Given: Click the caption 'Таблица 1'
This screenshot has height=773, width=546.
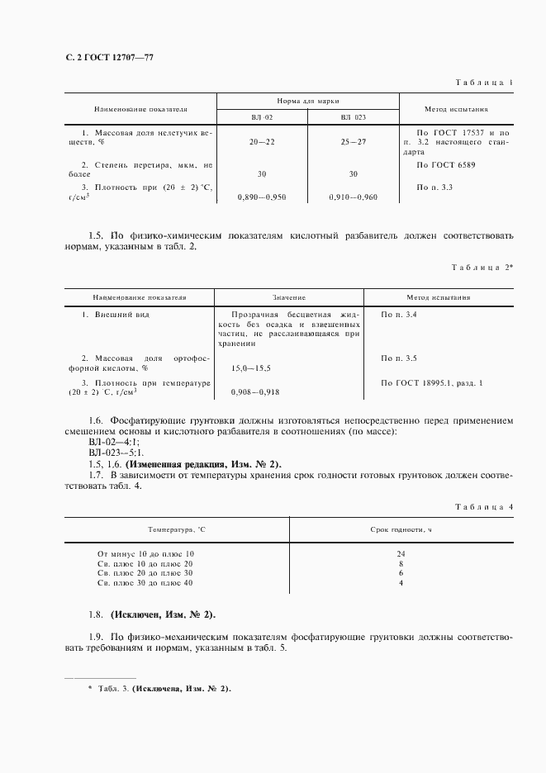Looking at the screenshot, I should click(484, 83).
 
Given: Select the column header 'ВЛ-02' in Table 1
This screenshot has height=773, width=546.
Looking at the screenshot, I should click(262, 117).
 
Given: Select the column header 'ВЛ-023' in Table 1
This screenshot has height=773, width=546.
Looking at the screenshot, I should click(353, 117).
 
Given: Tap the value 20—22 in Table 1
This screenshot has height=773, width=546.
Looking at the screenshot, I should click(261, 142).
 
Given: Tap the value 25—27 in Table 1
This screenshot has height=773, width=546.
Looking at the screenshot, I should click(353, 142).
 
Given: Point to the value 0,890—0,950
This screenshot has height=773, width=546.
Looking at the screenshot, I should click(261, 197).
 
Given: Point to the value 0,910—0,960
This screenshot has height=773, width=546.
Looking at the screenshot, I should click(353, 197).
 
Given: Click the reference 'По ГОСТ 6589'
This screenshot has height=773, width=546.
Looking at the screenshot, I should click(446, 164).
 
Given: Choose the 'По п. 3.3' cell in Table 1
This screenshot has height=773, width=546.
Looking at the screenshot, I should click(435, 187).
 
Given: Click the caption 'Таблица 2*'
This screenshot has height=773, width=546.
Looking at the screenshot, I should click(482, 268).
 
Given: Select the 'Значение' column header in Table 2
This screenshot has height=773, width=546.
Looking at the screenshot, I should click(289, 296).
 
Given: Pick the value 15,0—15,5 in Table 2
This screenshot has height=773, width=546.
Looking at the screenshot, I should click(250, 368).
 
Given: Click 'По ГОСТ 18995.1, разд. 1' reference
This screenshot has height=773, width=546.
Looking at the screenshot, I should click(432, 382).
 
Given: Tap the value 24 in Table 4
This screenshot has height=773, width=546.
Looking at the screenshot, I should click(401, 553).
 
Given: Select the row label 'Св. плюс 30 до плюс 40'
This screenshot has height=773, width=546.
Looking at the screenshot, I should click(145, 583).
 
